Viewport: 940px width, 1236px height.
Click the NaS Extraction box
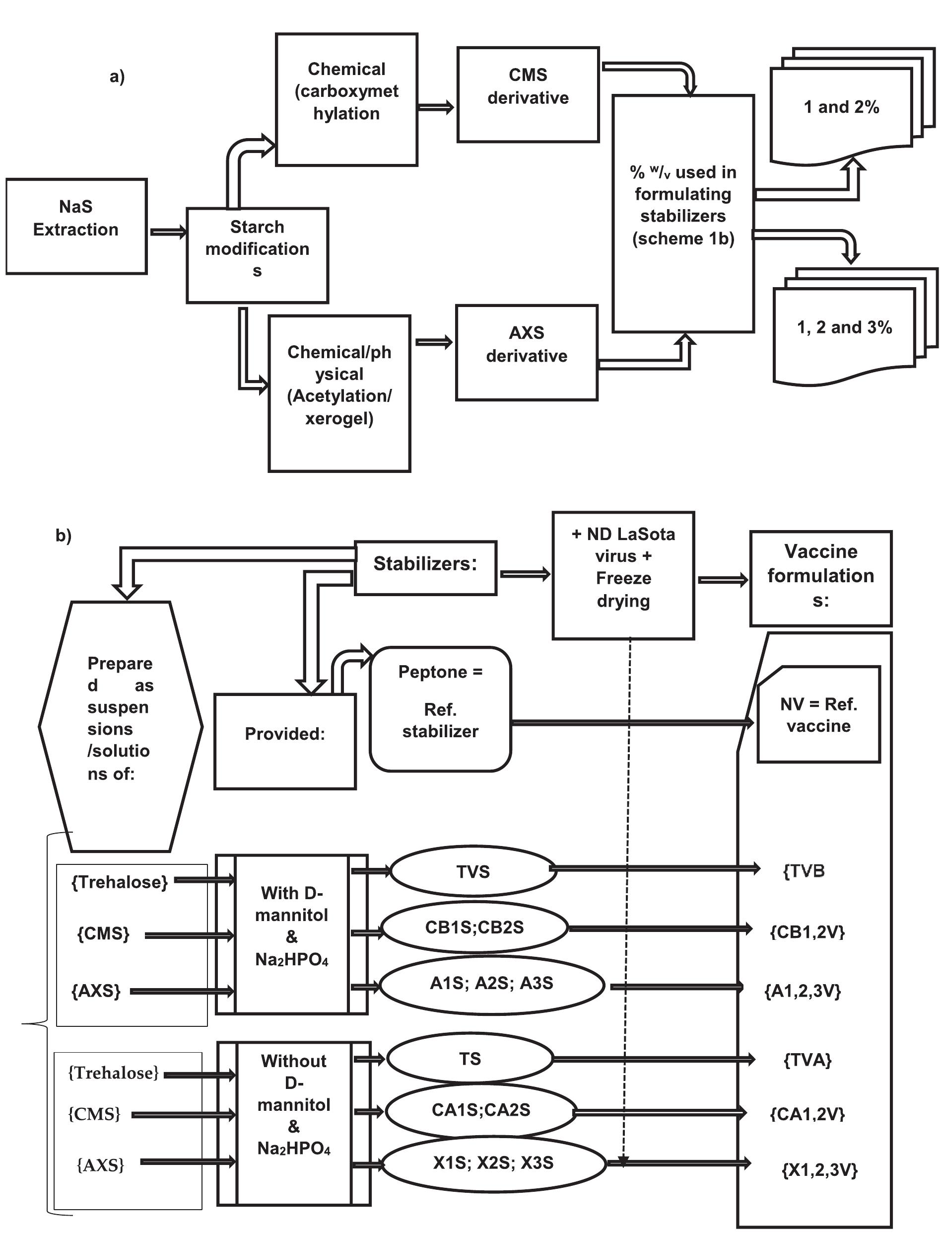point(76,226)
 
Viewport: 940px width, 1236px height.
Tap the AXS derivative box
point(526,352)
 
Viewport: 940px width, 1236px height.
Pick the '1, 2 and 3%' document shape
point(844,330)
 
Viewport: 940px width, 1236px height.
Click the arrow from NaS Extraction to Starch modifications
point(167,232)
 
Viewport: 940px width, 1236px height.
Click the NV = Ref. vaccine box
point(818,714)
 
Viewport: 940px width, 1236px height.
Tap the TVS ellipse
point(473,871)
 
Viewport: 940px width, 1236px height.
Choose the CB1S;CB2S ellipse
point(474,927)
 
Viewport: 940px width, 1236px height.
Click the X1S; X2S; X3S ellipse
point(492,1162)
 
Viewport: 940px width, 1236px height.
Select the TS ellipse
point(470,1059)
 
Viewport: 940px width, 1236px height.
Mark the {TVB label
point(804,871)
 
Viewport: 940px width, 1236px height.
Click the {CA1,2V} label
point(807,1114)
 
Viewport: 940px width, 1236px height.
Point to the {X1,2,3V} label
point(819,1170)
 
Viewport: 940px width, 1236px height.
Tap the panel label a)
point(117,77)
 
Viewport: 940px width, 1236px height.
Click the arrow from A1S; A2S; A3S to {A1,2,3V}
point(674,987)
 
